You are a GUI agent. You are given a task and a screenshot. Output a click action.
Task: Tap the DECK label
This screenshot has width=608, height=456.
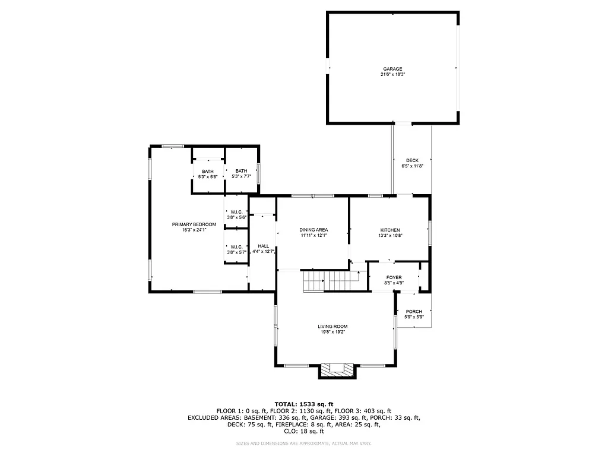click(x=412, y=160)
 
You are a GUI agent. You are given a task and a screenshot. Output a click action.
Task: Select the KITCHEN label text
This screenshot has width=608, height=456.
click(x=390, y=230)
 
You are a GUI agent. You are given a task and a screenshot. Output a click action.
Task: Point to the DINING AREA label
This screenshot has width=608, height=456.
click(x=313, y=230)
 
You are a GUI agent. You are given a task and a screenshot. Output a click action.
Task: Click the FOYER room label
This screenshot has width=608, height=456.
click(x=394, y=277)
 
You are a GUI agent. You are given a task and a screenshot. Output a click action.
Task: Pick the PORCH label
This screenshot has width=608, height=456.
click(x=414, y=312)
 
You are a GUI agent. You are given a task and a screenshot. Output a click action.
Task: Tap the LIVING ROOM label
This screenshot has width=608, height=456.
click(x=332, y=326)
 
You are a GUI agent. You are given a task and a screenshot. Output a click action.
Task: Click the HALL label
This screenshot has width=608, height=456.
click(x=263, y=246)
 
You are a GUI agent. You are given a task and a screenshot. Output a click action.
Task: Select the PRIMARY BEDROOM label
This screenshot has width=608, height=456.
click(x=194, y=224)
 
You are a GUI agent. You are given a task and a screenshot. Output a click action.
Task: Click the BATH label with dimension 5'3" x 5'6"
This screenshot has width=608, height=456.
click(x=207, y=172)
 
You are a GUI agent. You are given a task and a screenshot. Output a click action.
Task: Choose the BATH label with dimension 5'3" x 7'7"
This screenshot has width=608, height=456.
click(x=241, y=171)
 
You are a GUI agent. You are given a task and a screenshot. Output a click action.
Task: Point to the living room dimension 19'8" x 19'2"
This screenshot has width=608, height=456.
click(x=332, y=332)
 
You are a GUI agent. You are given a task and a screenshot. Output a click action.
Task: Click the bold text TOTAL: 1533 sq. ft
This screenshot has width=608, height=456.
click(x=303, y=404)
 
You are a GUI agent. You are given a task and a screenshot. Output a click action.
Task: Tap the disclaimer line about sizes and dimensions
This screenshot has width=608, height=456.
click(x=303, y=443)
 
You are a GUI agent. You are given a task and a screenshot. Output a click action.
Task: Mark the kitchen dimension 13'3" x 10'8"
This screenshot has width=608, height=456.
click(x=390, y=236)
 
